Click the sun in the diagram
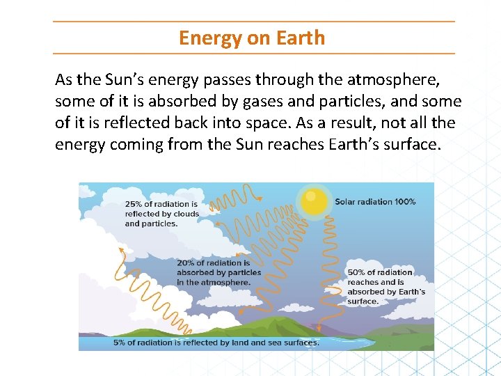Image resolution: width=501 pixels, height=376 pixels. (315, 201)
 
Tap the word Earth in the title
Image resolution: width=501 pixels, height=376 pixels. (302, 38)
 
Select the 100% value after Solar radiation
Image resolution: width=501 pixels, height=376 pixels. (405, 202)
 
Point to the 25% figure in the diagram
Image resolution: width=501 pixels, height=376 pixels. (134, 204)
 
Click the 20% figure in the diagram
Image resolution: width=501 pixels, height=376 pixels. (186, 263)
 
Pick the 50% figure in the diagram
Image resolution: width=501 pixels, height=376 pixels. (356, 272)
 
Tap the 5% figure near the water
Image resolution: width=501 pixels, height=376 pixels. (120, 343)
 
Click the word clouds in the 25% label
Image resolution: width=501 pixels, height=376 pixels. (186, 214)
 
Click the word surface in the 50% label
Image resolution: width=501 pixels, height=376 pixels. (363, 301)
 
